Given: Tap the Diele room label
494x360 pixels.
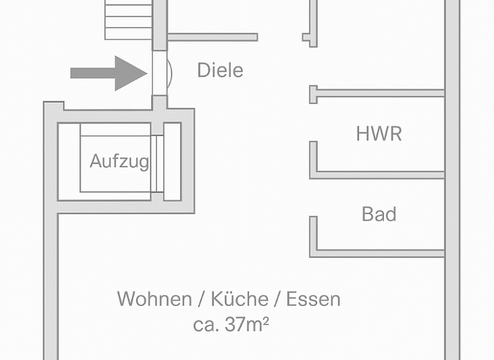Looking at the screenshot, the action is point(220,70).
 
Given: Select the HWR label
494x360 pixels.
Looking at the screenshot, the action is point(379,134).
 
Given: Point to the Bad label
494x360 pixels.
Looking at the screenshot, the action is point(379,214).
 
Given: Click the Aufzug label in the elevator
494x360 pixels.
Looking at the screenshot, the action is point(119,161).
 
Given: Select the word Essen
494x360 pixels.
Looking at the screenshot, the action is point(313,299).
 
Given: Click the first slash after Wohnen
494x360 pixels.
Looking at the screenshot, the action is point(201,299).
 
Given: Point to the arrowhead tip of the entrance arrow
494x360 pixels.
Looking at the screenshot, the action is point(147,73).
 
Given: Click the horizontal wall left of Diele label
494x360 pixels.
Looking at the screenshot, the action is point(212,37).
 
